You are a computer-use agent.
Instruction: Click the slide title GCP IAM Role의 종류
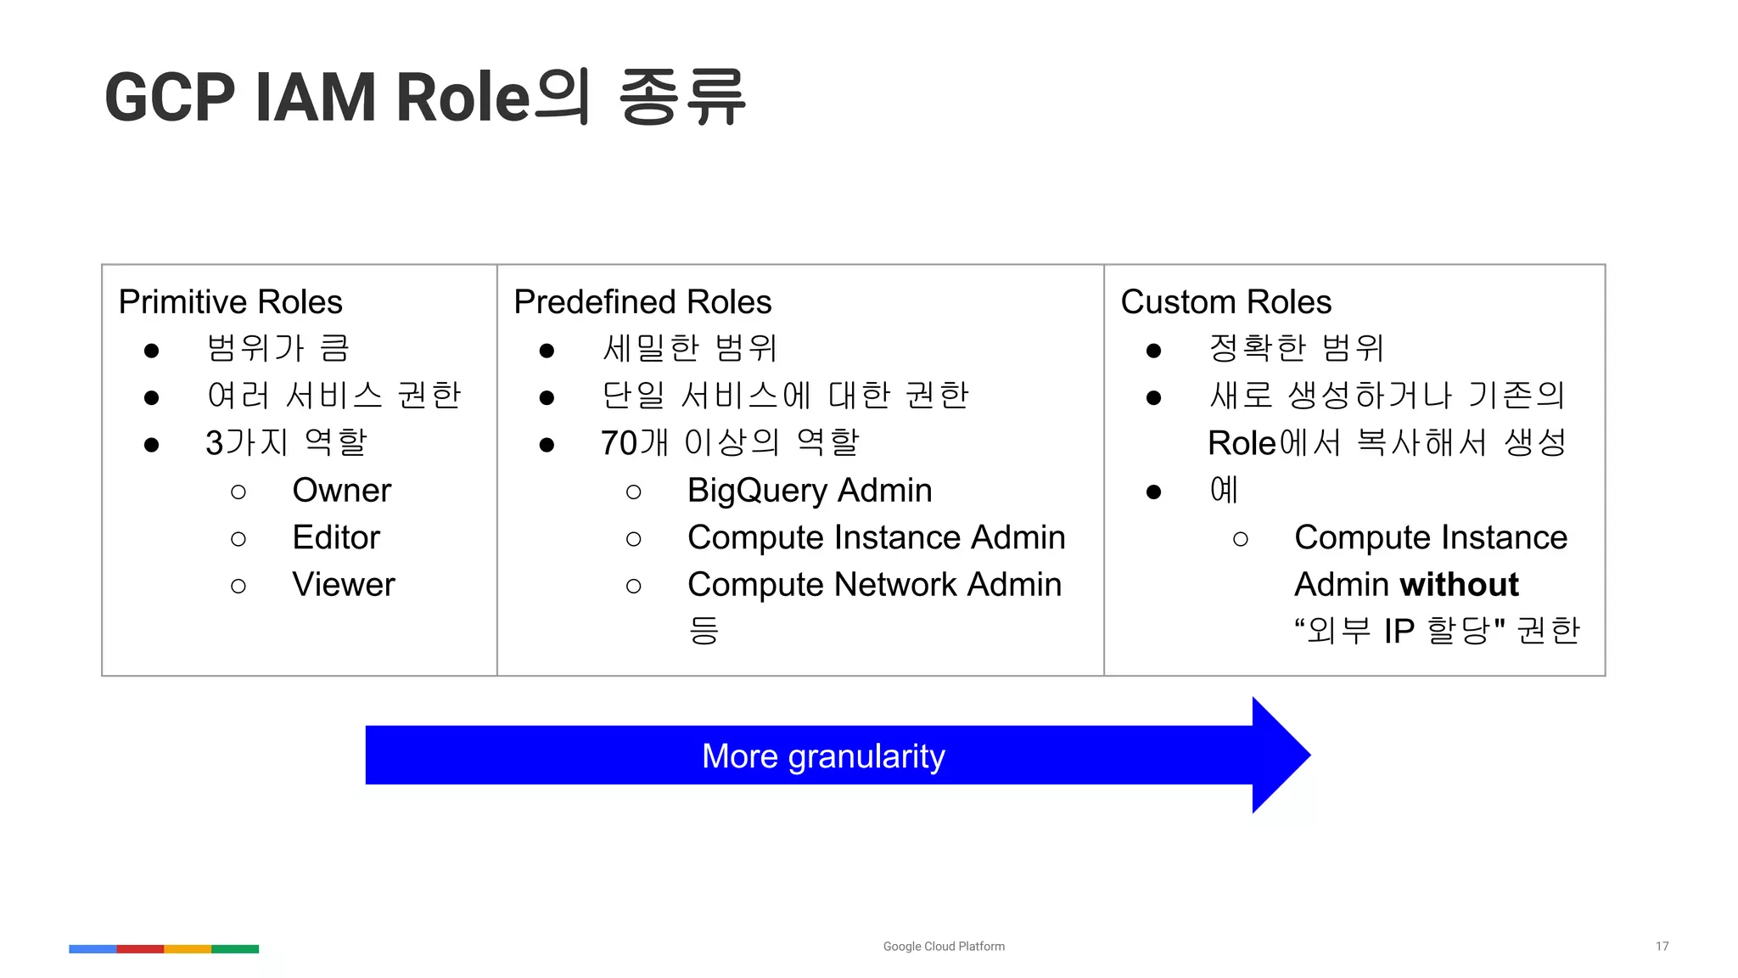tap(424, 97)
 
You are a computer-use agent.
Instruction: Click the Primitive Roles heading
tap(230, 302)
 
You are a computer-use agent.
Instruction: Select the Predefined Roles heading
tap(642, 302)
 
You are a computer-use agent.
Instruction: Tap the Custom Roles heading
tap(1225, 302)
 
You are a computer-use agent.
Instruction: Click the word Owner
tap(341, 491)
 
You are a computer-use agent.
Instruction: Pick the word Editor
tap(336, 537)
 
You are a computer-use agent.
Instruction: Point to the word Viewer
tap(344, 585)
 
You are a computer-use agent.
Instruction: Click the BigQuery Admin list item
tap(810, 491)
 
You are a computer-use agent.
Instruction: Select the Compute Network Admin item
tap(874, 585)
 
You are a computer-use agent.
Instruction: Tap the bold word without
tap(1460, 585)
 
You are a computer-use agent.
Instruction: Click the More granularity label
tap(823, 756)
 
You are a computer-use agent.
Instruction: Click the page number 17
tap(1662, 946)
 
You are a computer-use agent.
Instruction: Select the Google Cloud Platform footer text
tap(944, 946)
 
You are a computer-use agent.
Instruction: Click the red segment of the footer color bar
tap(140, 948)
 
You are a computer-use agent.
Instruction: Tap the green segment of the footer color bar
tap(235, 948)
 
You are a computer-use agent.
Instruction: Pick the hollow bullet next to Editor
tap(238, 539)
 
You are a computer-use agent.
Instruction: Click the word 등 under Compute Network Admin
tap(704, 630)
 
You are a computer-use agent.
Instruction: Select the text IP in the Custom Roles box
tap(1399, 632)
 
